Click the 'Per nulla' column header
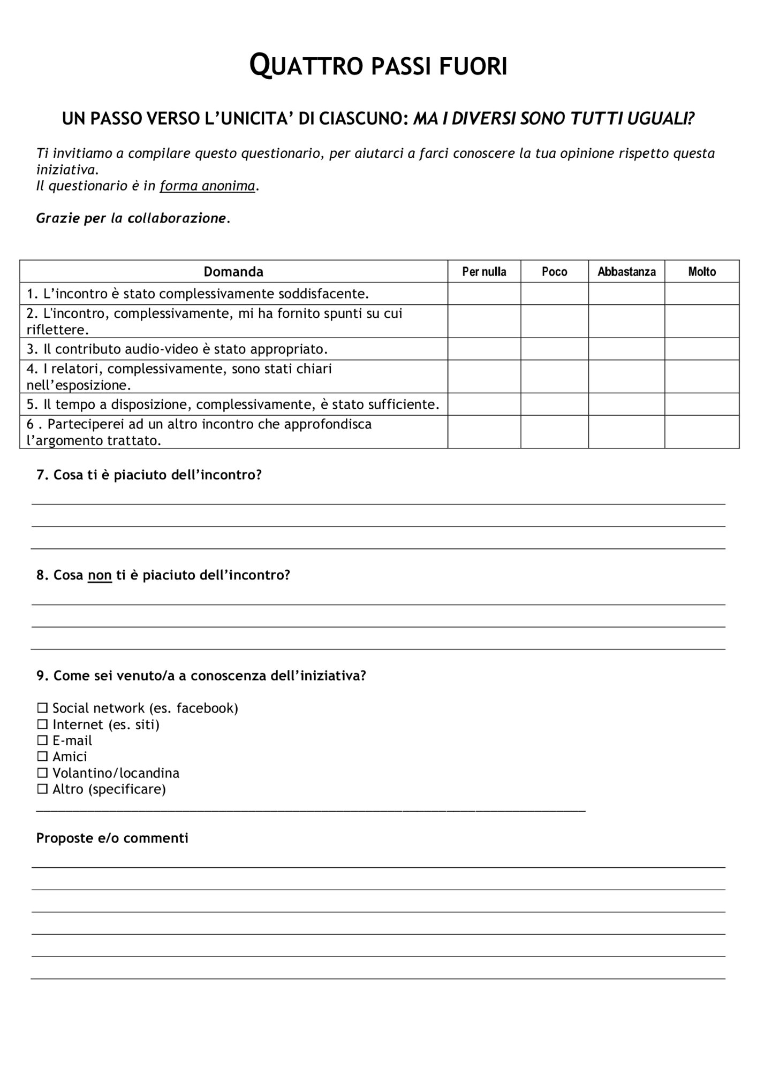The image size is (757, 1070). [x=484, y=272]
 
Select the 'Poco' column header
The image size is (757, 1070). [x=554, y=272]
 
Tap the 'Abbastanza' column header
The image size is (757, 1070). [x=626, y=272]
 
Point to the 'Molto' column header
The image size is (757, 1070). [x=701, y=272]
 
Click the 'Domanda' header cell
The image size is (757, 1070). [x=233, y=272]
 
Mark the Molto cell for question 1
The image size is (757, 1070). [x=701, y=294]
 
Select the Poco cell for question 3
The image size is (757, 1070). [x=554, y=349]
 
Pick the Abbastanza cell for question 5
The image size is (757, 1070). [x=626, y=404]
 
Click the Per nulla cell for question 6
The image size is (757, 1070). [x=484, y=432]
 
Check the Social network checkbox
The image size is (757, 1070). [x=42, y=708]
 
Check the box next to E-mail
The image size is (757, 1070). [x=42, y=741]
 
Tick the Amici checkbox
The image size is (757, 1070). [x=42, y=757]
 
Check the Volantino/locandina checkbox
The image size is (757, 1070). [x=42, y=773]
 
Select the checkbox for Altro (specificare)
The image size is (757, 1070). [x=42, y=789]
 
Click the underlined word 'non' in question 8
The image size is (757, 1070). [x=100, y=576]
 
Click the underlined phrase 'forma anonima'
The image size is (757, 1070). [x=207, y=186]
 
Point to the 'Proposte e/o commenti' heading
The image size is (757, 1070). [x=112, y=838]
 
